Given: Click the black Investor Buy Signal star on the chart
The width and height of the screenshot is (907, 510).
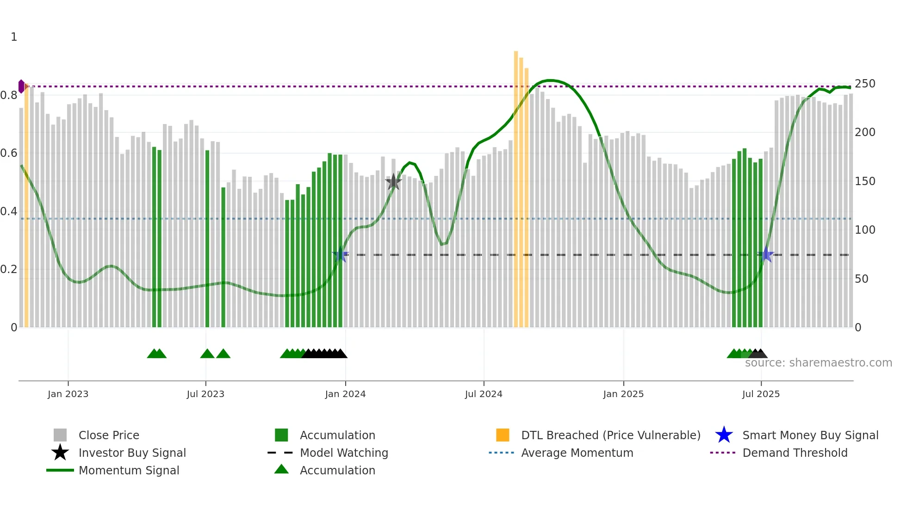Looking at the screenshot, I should coord(393,182).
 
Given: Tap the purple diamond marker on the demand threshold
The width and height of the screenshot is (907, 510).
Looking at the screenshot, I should coord(21,87).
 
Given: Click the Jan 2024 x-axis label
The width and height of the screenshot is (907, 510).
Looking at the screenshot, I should coord(345,394).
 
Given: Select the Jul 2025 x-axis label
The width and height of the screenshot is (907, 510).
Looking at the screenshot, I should coord(761,394).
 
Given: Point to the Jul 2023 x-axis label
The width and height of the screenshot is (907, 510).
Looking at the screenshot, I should coord(205,394).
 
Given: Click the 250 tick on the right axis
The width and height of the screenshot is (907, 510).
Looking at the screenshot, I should coord(864,84).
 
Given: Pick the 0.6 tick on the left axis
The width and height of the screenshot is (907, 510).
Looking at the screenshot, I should coord(9,153).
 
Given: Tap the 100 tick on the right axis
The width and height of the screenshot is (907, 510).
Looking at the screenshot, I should coord(864,230).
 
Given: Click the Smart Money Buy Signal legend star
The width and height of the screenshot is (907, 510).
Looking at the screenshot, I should coord(724,435).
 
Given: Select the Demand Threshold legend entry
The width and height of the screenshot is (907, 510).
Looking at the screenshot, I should coord(795,453).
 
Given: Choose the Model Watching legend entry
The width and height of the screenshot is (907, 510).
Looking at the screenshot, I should coord(343,453).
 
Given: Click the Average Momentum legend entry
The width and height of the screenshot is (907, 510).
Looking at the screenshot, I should coord(577,453).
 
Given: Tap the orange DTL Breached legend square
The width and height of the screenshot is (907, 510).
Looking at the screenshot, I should coord(503,435).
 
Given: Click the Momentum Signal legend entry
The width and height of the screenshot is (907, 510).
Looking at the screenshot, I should coord(128,470).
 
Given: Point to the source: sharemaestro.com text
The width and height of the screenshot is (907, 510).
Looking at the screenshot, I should coord(818,363).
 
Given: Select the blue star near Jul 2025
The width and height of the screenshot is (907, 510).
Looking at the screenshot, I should coord(766,255).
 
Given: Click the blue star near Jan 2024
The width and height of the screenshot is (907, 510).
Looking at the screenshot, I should coord(340,255).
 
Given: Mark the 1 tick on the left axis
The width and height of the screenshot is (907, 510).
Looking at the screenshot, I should coord(14,37).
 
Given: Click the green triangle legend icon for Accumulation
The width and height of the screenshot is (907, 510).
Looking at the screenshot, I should coord(281,469).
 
